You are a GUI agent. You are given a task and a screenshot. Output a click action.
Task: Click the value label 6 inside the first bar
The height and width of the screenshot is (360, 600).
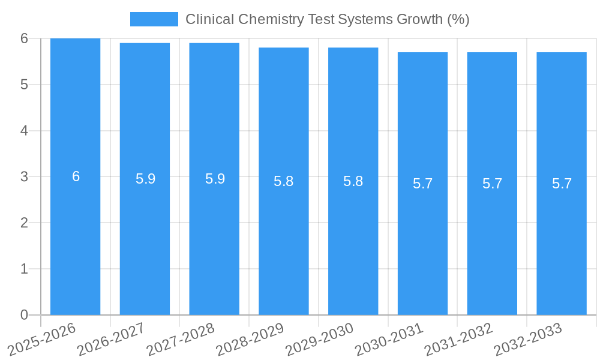tap(76, 176)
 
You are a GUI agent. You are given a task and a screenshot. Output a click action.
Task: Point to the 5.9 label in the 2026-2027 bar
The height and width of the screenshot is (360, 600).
tap(145, 179)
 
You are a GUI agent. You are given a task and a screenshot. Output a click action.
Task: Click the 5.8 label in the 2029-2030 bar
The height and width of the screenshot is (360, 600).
tap(353, 181)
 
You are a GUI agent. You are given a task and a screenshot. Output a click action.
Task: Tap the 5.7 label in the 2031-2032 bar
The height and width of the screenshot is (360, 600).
tap(492, 184)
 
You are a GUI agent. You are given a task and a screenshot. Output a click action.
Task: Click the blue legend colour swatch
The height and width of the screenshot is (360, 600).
tap(154, 19)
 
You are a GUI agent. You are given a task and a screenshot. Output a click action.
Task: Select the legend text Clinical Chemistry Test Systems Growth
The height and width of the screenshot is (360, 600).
tap(327, 19)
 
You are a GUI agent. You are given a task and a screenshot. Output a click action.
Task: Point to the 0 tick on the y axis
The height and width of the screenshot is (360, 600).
tap(24, 315)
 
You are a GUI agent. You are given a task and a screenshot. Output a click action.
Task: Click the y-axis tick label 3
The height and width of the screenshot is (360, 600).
tap(24, 176)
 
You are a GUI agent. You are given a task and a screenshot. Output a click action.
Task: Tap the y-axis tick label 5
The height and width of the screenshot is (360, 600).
tap(24, 85)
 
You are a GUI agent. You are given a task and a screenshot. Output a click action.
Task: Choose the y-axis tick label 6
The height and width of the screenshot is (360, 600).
tap(24, 38)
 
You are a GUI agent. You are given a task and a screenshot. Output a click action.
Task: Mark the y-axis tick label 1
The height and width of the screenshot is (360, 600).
tap(24, 269)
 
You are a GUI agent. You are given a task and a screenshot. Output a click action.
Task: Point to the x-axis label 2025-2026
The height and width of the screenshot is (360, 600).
tap(42, 339)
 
